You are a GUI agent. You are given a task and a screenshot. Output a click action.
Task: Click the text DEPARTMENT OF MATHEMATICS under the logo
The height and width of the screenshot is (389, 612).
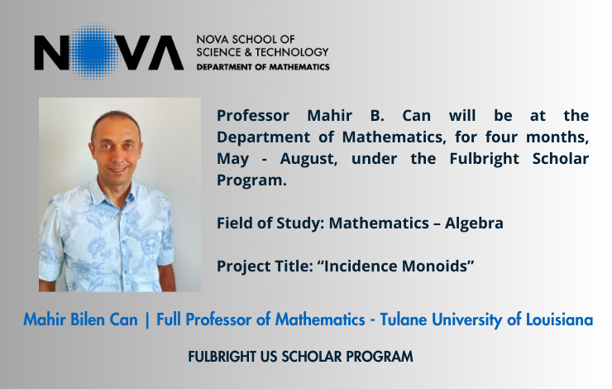[263, 67]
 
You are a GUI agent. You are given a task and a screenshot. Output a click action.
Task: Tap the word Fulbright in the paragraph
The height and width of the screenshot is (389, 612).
[485, 159]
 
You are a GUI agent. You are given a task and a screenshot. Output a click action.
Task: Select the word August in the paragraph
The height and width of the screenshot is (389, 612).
[308, 159]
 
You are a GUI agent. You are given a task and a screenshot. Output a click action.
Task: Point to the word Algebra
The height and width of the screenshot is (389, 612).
[474, 223]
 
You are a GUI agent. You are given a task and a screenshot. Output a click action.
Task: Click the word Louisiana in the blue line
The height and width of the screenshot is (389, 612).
[559, 319]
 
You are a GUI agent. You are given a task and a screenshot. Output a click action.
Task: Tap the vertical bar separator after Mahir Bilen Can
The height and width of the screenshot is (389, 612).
[147, 320]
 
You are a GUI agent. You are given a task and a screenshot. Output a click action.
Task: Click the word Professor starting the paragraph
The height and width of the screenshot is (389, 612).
[253, 116]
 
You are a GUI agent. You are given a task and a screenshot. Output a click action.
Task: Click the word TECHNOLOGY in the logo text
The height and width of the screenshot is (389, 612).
[292, 52]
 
